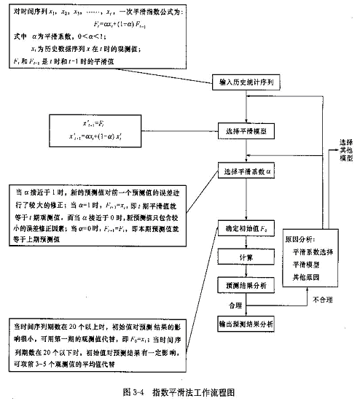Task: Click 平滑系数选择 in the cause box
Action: click(x=313, y=252)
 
